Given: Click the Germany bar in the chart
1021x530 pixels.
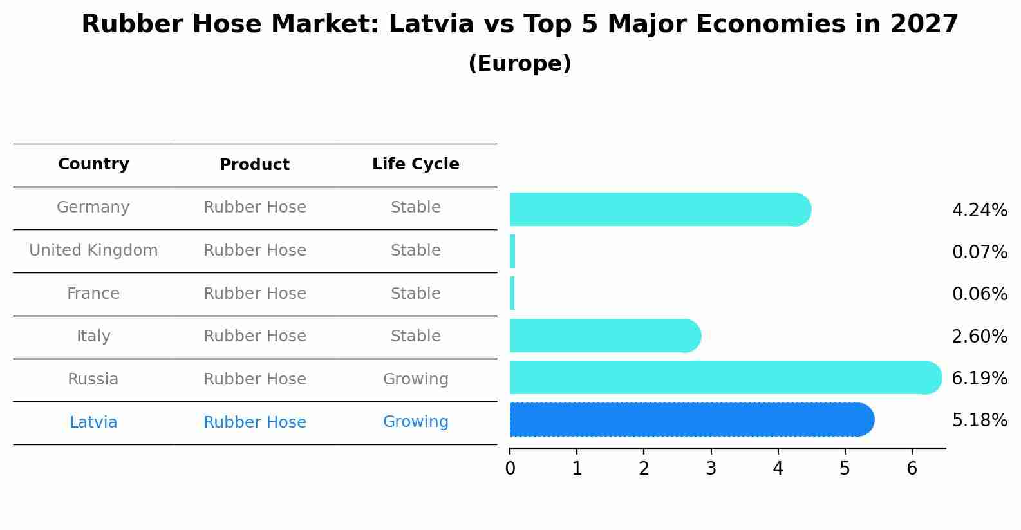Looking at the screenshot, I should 657,209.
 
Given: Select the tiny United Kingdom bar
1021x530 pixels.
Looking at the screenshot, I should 512,251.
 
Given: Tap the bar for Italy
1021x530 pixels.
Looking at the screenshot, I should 602,336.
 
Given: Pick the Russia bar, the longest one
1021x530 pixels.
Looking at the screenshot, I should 721,377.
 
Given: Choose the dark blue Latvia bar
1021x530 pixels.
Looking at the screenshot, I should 689,420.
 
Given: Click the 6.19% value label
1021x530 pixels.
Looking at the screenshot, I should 979,378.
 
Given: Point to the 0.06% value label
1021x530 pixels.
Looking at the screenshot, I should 979,294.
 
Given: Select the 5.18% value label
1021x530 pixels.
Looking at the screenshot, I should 979,421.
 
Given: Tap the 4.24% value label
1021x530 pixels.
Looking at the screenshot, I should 979,211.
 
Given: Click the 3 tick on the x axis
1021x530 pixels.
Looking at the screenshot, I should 711,468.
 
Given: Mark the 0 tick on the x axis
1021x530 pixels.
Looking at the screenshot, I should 510,468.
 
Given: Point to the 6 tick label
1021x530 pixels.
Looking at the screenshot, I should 912,468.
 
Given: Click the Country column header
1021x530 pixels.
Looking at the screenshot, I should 93,164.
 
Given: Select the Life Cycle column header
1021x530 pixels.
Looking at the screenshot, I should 415,164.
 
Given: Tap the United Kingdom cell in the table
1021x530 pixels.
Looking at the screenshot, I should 93,251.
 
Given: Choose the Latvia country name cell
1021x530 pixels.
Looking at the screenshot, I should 93,422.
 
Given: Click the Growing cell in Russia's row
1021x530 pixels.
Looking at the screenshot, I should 415,379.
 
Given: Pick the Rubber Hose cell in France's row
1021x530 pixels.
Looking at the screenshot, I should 254,294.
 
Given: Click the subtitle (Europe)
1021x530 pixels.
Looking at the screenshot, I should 520,64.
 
